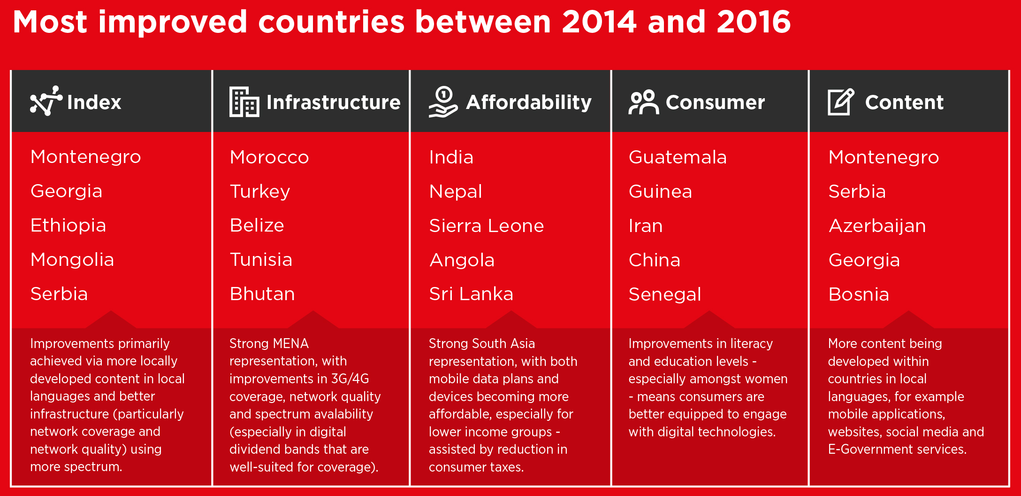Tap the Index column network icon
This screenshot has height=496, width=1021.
(x=46, y=101)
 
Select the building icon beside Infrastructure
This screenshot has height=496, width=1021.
(x=244, y=101)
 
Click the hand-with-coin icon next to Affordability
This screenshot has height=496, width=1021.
(x=443, y=101)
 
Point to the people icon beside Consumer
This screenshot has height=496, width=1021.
(x=643, y=102)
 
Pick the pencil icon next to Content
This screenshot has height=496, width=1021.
(x=840, y=101)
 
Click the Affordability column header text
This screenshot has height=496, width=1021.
(x=529, y=102)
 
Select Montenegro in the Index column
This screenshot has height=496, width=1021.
(x=85, y=157)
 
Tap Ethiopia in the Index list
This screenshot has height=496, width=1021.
(x=68, y=225)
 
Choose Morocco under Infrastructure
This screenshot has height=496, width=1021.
(x=269, y=157)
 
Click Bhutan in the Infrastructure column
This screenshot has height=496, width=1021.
(x=262, y=294)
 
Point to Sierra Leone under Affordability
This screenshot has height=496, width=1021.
(x=487, y=226)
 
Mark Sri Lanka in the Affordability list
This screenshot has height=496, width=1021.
(x=471, y=294)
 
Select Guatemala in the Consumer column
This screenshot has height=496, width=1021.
(x=678, y=157)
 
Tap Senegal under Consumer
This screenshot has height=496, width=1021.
(x=665, y=294)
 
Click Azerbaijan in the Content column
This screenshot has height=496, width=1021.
(x=877, y=226)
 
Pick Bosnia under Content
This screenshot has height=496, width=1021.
(x=859, y=294)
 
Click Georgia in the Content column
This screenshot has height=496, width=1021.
(x=864, y=260)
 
